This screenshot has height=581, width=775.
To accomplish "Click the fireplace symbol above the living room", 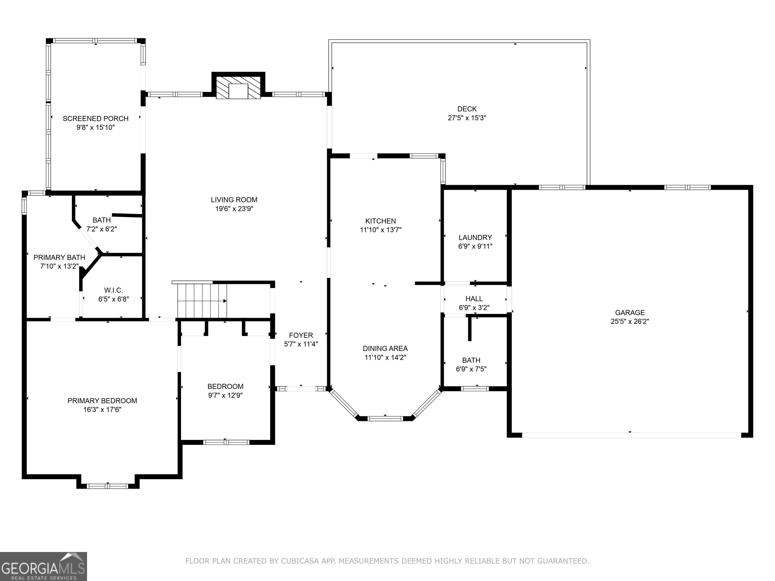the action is pyautogui.click(x=238, y=86).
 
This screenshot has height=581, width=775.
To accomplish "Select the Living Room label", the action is pyautogui.click(x=234, y=200).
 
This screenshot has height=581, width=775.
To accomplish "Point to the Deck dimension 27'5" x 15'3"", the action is pyautogui.click(x=467, y=118).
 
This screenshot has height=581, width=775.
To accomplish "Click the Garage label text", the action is pyautogui.click(x=630, y=312).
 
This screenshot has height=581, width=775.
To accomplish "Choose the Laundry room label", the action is pyautogui.click(x=475, y=238).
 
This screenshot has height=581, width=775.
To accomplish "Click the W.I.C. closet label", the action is pyautogui.click(x=114, y=290).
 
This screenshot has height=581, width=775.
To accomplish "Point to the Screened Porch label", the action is pyautogui.click(x=96, y=118).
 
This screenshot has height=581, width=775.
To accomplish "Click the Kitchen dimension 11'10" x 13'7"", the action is pyautogui.click(x=380, y=230).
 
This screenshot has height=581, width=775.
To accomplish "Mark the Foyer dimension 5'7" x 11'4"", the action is pyautogui.click(x=301, y=344).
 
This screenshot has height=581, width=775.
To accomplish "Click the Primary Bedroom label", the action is pyautogui.click(x=102, y=401).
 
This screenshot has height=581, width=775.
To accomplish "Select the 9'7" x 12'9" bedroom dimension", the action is pyautogui.click(x=225, y=395).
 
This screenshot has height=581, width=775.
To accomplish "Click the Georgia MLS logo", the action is pyautogui.click(x=43, y=566).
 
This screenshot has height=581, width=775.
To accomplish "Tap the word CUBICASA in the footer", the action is pyautogui.click(x=300, y=561).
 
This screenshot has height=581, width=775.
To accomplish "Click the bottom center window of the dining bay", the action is pyautogui.click(x=385, y=418).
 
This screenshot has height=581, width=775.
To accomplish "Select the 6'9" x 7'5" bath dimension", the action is pyautogui.click(x=471, y=369).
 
